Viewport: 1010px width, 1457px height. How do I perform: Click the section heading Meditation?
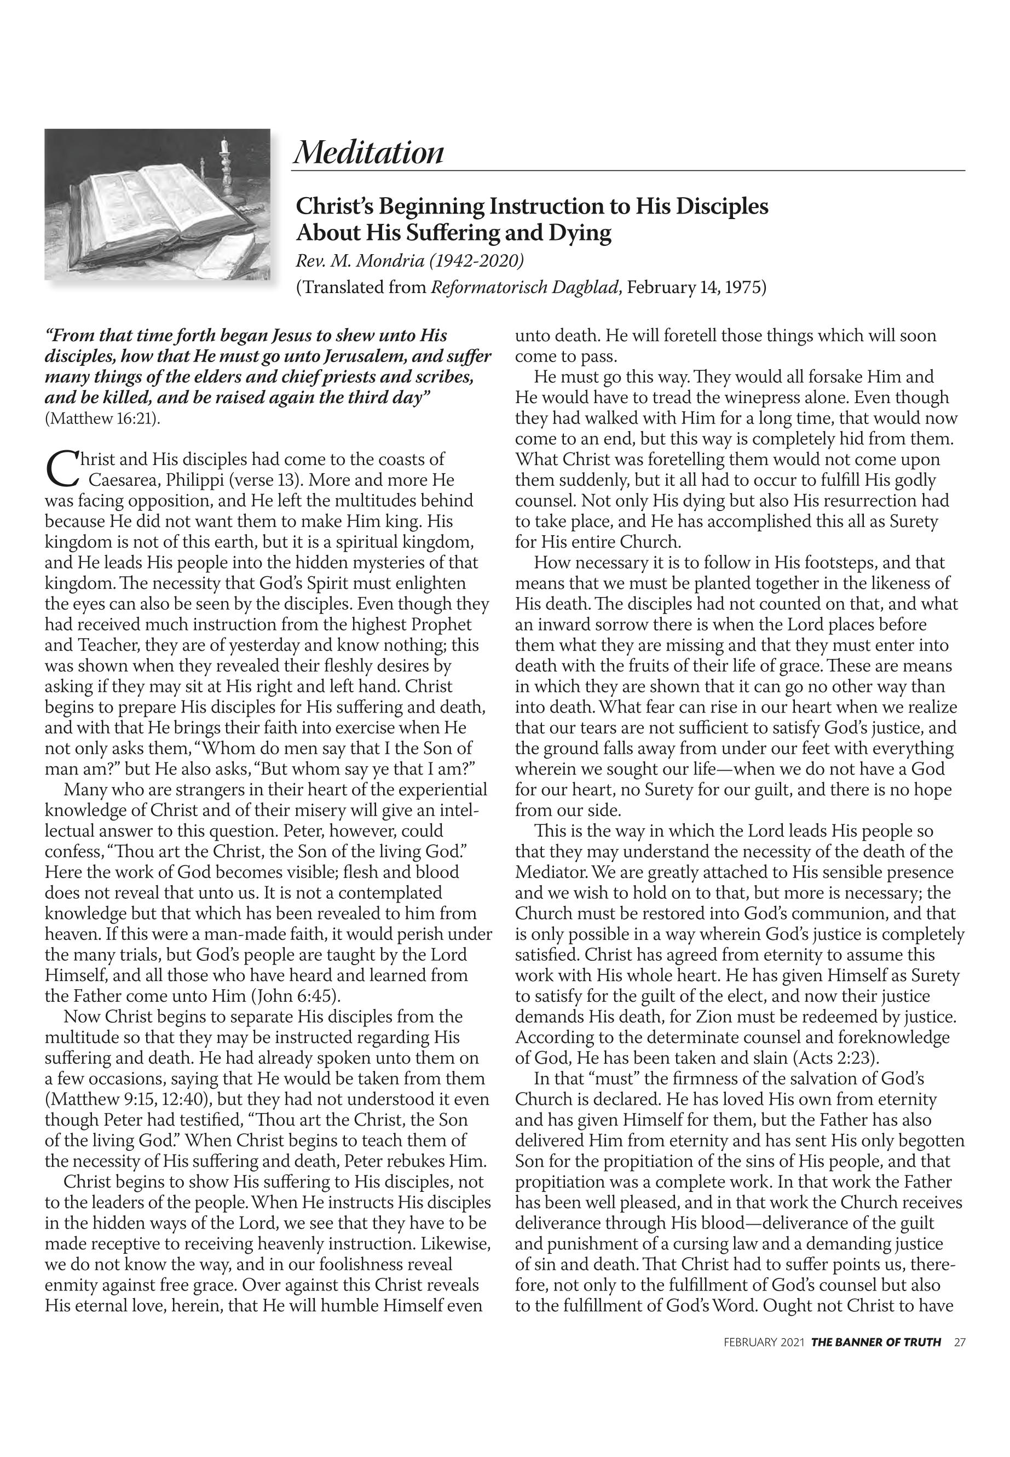point(368,153)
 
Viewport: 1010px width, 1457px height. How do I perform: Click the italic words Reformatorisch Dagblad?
point(524,288)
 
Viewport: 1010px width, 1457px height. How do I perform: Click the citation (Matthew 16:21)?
point(102,418)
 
